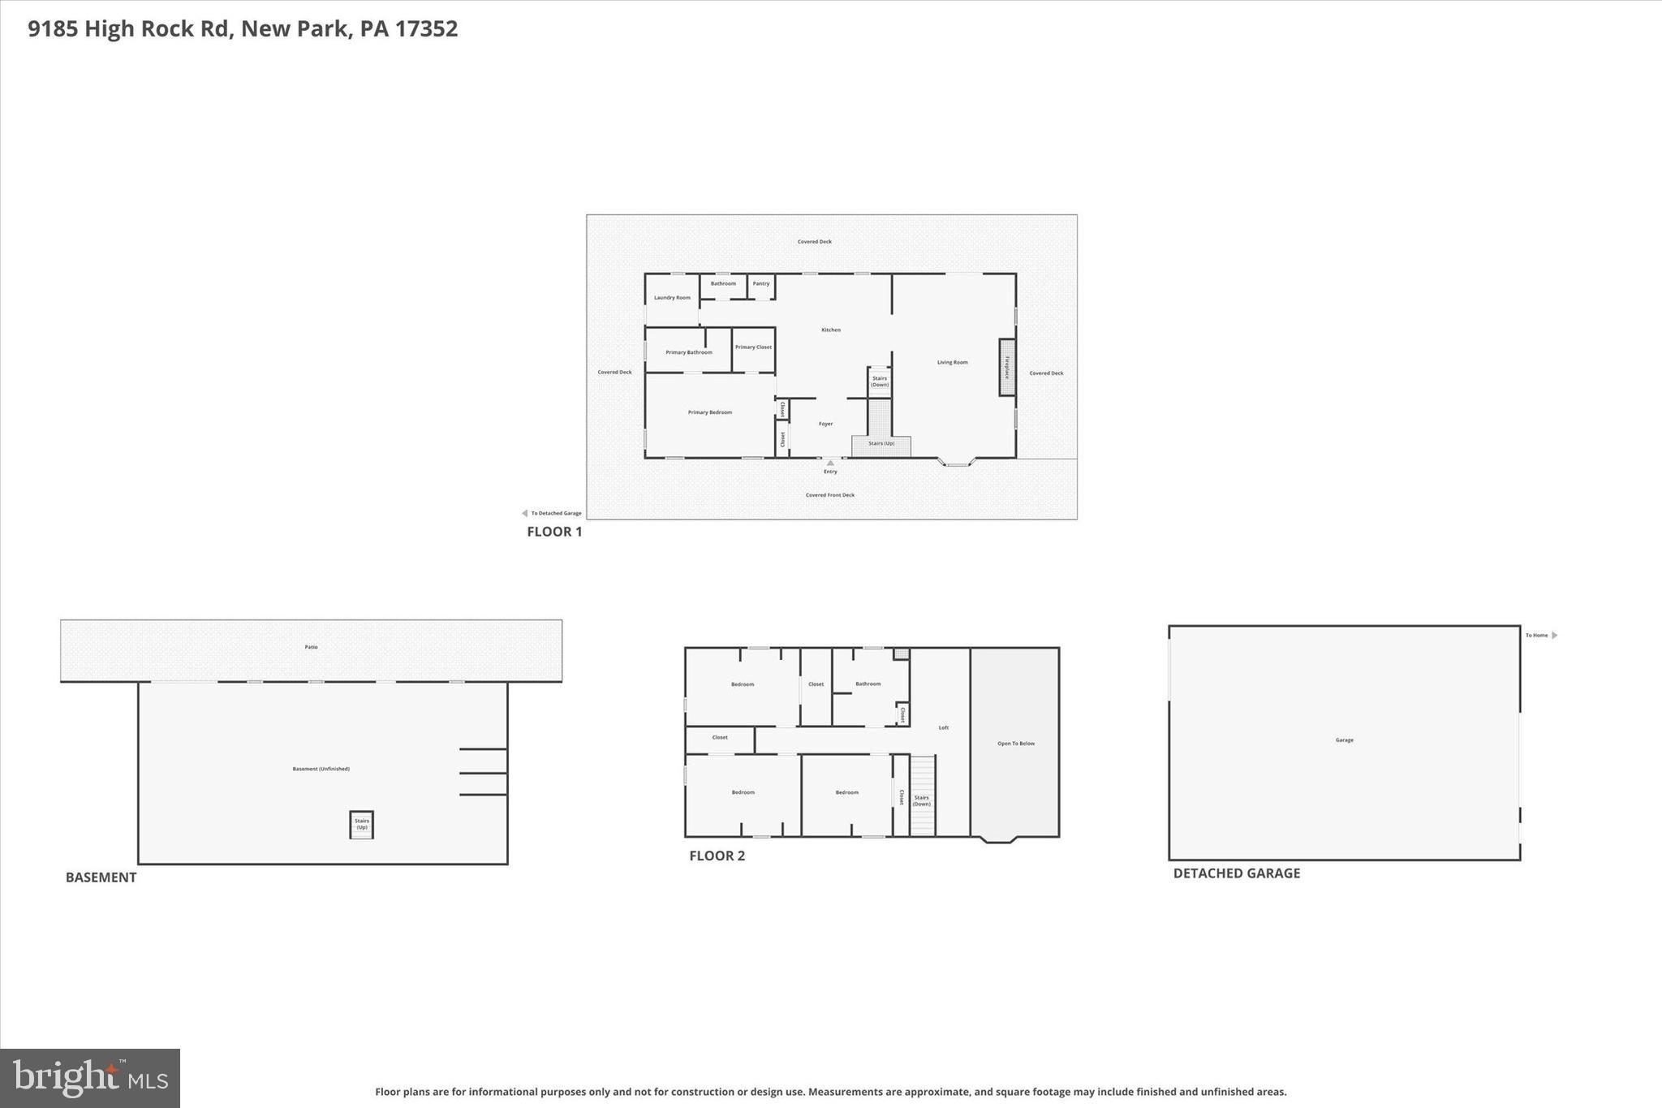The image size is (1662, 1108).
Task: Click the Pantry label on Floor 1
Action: (761, 283)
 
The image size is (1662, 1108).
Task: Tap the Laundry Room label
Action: (672, 298)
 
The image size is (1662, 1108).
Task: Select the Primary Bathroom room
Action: (688, 352)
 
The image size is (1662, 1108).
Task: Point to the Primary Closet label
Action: (753, 347)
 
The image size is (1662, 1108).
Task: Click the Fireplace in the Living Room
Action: (1007, 368)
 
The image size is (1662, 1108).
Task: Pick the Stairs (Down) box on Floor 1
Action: (880, 382)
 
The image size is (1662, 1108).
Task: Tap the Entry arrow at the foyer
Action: (830, 463)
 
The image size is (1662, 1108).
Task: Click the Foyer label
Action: (825, 424)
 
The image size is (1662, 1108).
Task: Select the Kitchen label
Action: (831, 330)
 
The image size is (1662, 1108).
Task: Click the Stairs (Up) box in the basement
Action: (362, 825)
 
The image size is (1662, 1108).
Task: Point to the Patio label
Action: (312, 647)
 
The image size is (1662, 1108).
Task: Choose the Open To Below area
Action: (1015, 744)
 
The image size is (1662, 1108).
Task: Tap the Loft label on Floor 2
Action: (944, 727)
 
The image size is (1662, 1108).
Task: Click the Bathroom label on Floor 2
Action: (868, 683)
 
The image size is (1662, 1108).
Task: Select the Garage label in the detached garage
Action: (1344, 740)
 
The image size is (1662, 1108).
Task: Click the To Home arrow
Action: (1554, 636)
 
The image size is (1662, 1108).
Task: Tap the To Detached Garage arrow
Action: (525, 513)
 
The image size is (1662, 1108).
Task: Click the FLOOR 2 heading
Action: (717, 856)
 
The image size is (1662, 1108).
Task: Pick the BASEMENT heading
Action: (101, 877)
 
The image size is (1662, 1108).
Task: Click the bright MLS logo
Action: (90, 1078)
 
